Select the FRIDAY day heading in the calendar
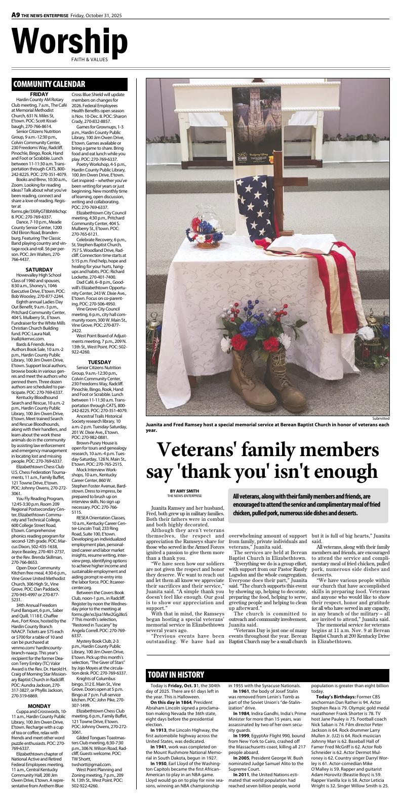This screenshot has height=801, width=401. (39, 94)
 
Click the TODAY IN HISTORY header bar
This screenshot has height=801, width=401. (176, 675)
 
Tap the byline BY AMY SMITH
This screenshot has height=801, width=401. (185, 491)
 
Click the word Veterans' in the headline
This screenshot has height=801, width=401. (208, 449)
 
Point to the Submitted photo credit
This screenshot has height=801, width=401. (381, 418)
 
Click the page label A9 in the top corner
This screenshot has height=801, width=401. (16, 15)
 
